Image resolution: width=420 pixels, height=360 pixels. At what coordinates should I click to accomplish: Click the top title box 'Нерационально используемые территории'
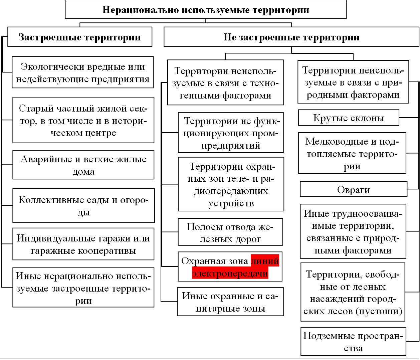tap(205, 10)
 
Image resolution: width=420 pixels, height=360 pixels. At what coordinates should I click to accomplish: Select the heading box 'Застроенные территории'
tap(80, 37)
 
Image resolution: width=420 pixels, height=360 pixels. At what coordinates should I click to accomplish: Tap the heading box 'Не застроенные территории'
tap(291, 37)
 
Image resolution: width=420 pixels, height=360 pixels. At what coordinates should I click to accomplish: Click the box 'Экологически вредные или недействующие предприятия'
tap(83, 72)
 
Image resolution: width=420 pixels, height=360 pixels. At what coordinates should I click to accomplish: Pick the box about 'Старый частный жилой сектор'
tap(83, 120)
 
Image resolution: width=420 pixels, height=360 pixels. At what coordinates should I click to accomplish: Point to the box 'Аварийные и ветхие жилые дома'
tap(83, 165)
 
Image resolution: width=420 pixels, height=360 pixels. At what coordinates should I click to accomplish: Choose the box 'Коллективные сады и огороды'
tap(83, 205)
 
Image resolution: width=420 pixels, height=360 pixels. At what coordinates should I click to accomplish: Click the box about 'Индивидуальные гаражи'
tap(83, 244)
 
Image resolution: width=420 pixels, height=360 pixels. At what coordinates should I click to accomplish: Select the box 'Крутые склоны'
tap(348, 118)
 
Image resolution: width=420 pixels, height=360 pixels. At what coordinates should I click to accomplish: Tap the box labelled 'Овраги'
tap(353, 189)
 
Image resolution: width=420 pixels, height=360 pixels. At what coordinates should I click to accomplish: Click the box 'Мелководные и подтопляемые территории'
tap(352, 154)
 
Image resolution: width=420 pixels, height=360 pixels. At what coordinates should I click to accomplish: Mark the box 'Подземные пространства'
tap(353, 341)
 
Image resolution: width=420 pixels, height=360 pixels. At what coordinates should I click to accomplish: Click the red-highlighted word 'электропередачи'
tap(230, 274)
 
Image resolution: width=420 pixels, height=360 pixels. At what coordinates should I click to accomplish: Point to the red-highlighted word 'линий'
tap(265, 261)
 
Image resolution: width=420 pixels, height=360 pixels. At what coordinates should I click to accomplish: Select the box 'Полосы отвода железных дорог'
tap(230, 232)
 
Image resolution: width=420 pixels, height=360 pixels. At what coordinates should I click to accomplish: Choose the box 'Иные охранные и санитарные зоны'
tap(230, 302)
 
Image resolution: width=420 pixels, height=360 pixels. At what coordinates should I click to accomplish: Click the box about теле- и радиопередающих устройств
tap(231, 184)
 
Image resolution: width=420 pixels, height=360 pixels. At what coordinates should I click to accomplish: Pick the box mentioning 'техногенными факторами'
tap(225, 83)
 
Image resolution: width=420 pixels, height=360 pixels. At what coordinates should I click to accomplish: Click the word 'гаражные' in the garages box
tap(52, 250)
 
